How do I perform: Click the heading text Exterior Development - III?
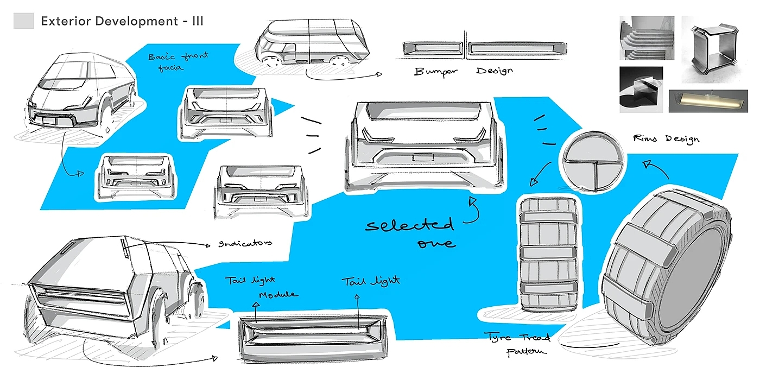122,22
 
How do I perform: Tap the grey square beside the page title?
24,21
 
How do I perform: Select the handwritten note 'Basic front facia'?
170,61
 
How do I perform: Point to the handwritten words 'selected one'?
409,232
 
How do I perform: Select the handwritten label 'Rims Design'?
666,139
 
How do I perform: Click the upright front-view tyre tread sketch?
547,254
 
